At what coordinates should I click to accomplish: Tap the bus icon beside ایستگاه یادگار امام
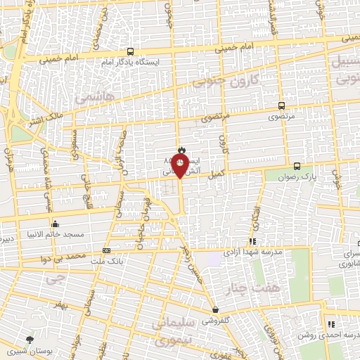click(x=130, y=51)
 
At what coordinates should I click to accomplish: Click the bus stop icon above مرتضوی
click(x=281, y=106)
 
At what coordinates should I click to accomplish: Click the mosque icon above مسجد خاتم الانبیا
click(x=55, y=224)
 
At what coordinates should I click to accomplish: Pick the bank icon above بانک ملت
click(x=106, y=250)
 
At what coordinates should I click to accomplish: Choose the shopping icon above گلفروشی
click(x=214, y=309)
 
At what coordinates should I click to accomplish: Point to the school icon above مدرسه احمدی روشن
click(x=330, y=324)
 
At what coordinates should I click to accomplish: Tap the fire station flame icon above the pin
click(x=181, y=149)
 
